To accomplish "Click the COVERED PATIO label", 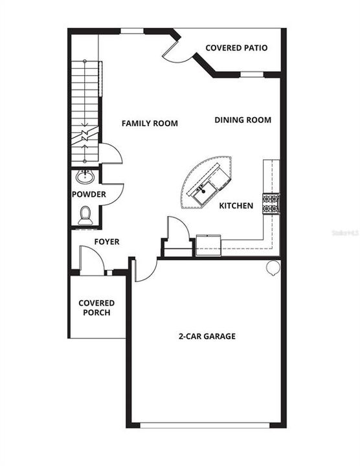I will tap(236, 48).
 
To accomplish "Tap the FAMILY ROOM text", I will tap(150, 123).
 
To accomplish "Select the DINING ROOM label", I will tap(243, 120).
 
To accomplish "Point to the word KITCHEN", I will tap(236, 206).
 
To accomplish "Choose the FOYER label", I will tap(107, 242).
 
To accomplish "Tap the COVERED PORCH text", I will tap(96, 307).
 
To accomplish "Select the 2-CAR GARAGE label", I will tap(207, 337).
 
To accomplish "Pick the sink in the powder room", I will tap(84, 177).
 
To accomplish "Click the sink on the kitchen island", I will tap(202, 190).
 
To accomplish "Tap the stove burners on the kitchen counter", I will tap(270, 203).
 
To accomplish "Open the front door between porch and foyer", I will tap(91, 262).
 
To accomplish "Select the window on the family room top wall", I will tap(132, 30).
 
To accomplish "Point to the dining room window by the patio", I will tap(252, 75).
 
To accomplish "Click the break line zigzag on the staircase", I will tap(84, 138).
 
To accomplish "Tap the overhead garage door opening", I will tap(205, 425).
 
